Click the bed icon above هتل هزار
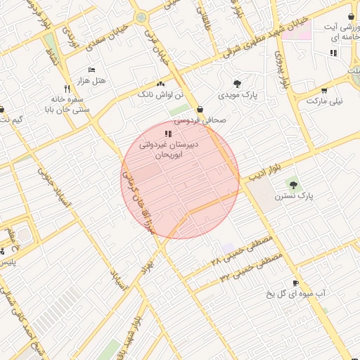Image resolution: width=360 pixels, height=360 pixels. tap(91, 70)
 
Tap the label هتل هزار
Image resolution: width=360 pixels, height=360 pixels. tap(92, 81)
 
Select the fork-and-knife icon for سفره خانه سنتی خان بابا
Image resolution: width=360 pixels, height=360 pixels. tap(67, 89)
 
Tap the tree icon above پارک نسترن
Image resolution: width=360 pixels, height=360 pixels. tap(292, 185)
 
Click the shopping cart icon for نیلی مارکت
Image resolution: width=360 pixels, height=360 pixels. tap(324, 90)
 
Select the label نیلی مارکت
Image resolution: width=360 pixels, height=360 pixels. tap(325, 101)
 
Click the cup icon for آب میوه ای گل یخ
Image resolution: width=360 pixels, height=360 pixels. tap(295, 283)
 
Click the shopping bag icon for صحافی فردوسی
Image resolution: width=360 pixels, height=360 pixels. tap(201, 109)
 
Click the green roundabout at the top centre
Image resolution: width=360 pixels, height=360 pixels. tap(141, 16)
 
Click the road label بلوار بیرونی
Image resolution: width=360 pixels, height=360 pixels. tap(283, 70)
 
